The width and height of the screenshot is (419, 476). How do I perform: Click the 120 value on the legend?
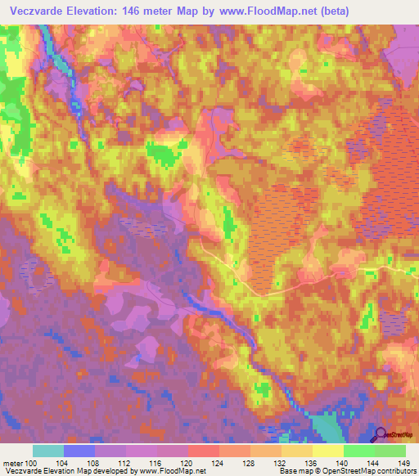click(188, 463)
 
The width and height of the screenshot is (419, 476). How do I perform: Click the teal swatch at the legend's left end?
click(48, 451)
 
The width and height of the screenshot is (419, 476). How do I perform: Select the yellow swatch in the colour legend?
click(327, 451)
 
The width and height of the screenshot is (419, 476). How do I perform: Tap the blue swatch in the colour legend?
click(79, 451)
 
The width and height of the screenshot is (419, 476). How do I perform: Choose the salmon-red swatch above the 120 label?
click(204, 451)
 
